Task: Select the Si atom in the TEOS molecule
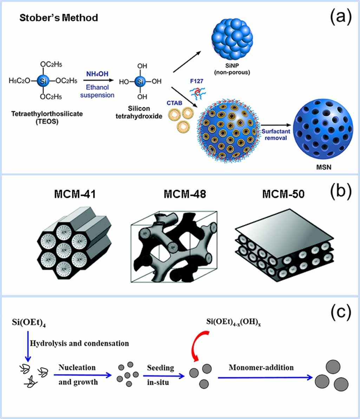42,81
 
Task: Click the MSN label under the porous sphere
322,168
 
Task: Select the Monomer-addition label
261,368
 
